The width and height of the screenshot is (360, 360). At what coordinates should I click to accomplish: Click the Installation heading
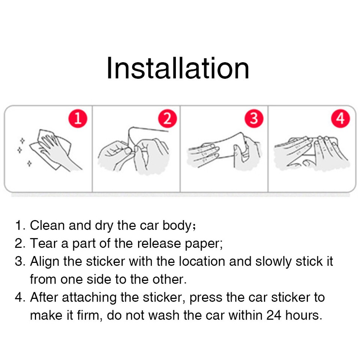point(178,69)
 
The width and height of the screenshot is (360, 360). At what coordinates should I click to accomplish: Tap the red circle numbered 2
point(167,119)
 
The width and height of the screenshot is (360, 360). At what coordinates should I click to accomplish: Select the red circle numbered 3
point(254,118)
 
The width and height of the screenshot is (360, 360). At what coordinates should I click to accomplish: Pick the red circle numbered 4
point(340,119)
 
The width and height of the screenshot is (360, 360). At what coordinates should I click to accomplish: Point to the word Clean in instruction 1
point(46,225)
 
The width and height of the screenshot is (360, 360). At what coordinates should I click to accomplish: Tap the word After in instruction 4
point(44,297)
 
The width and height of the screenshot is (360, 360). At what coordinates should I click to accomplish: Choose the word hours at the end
point(303,315)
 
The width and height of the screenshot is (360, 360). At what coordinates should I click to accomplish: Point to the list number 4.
point(19,297)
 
